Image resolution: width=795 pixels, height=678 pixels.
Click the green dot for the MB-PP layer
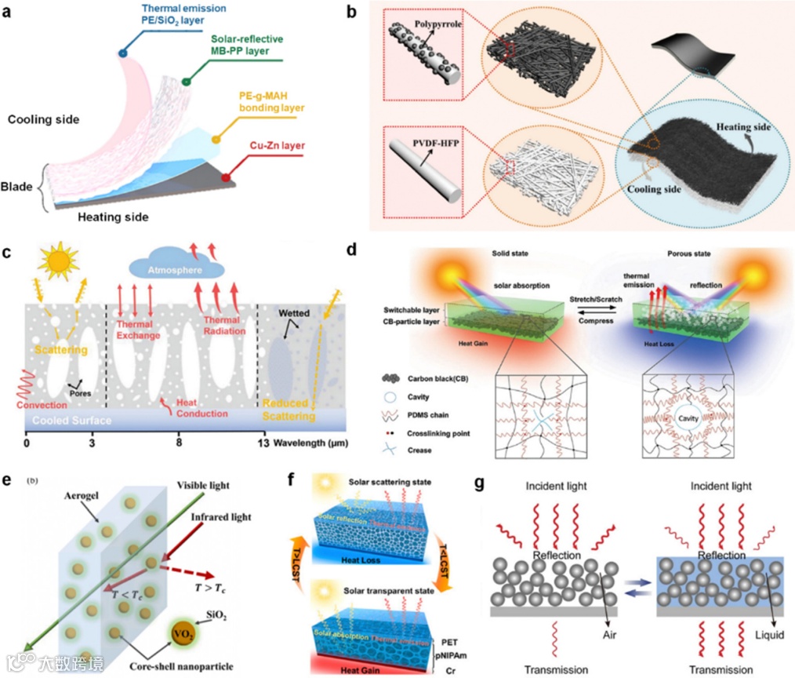tap(187, 82)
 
